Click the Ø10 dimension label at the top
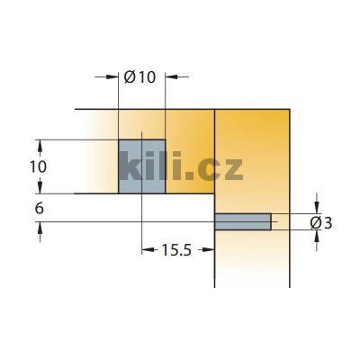140,77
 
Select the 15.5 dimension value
175,250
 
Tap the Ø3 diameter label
321,221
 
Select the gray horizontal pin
243,220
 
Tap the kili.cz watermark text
180,168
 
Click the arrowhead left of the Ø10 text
114,77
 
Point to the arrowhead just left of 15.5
147,250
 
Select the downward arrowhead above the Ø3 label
315,207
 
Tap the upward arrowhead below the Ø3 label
315,235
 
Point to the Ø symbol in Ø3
315,221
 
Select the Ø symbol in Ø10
130,77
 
